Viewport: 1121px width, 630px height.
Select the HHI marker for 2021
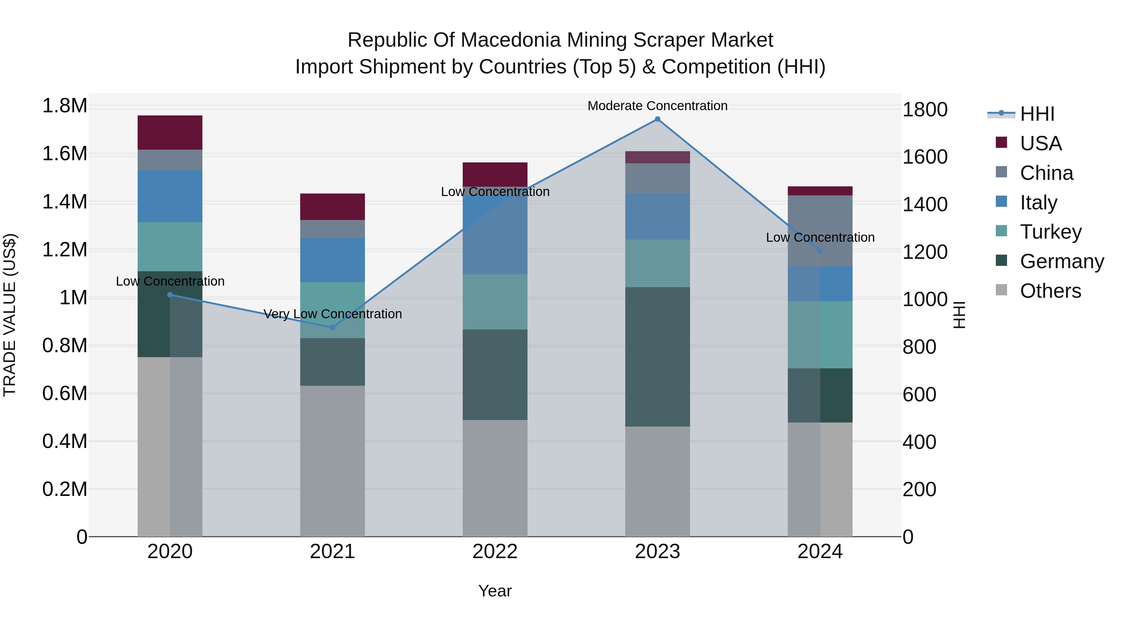pyautogui.click(x=333, y=327)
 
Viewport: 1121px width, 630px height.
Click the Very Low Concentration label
pyautogui.click(x=333, y=314)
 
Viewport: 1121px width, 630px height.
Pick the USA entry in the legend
pyautogui.click(x=1040, y=143)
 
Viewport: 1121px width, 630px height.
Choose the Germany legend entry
pyautogui.click(x=1062, y=261)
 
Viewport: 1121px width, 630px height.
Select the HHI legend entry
pyautogui.click(x=1037, y=114)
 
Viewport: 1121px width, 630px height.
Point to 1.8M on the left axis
pyautogui.click(x=64, y=106)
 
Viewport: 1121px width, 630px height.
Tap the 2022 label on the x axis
pyautogui.click(x=495, y=552)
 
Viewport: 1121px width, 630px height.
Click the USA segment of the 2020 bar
pyautogui.click(x=170, y=133)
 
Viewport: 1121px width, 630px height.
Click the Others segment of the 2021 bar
pyautogui.click(x=333, y=461)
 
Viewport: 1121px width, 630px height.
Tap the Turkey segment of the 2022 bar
pyautogui.click(x=495, y=302)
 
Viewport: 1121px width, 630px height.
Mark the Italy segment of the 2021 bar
pyautogui.click(x=333, y=260)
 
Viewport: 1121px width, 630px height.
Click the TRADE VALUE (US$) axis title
pyautogui.click(x=10, y=315)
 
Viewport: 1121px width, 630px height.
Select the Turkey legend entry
pyautogui.click(x=1050, y=232)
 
